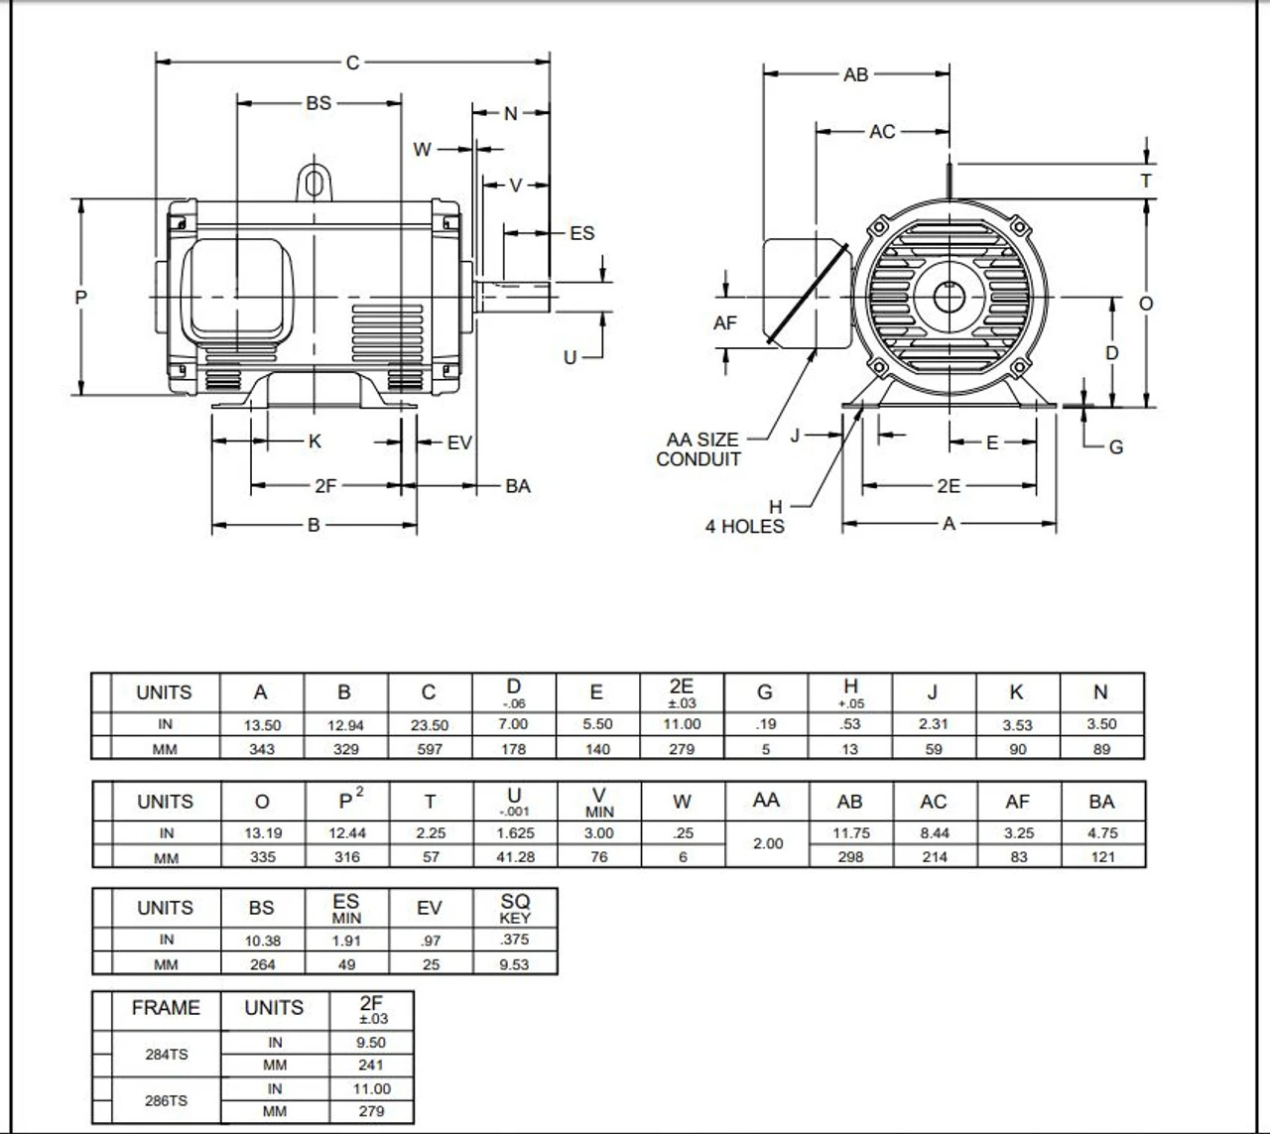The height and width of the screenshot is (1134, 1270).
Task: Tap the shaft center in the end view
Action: coord(950,297)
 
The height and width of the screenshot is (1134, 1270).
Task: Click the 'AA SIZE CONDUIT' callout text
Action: coord(700,449)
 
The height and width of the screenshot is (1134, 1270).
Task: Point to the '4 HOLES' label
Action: coord(744,527)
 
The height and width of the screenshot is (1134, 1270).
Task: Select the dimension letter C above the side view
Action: coord(352,63)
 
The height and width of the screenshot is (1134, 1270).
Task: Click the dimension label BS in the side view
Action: coord(318,102)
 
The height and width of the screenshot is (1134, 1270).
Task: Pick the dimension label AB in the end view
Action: coord(855,74)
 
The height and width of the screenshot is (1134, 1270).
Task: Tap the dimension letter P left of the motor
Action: coord(81,297)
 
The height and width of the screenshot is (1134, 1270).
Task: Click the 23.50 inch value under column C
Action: coord(430,725)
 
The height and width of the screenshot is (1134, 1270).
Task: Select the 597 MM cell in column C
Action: coord(430,749)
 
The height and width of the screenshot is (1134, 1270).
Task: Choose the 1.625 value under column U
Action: coord(514,833)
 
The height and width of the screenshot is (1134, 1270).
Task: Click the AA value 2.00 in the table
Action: coord(767,844)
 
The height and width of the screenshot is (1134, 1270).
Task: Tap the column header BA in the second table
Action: coord(1101,802)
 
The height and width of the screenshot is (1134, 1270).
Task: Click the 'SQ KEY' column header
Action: coord(515,908)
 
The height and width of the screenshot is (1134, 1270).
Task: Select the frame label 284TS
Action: coord(166,1054)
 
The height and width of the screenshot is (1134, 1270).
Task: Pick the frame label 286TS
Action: coord(166,1100)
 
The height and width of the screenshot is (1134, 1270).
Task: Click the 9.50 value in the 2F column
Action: coord(371,1043)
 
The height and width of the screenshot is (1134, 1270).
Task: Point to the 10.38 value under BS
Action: coord(263,941)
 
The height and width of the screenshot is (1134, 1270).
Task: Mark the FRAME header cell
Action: coord(166,1008)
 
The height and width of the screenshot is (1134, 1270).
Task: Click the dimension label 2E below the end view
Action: coord(949,486)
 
